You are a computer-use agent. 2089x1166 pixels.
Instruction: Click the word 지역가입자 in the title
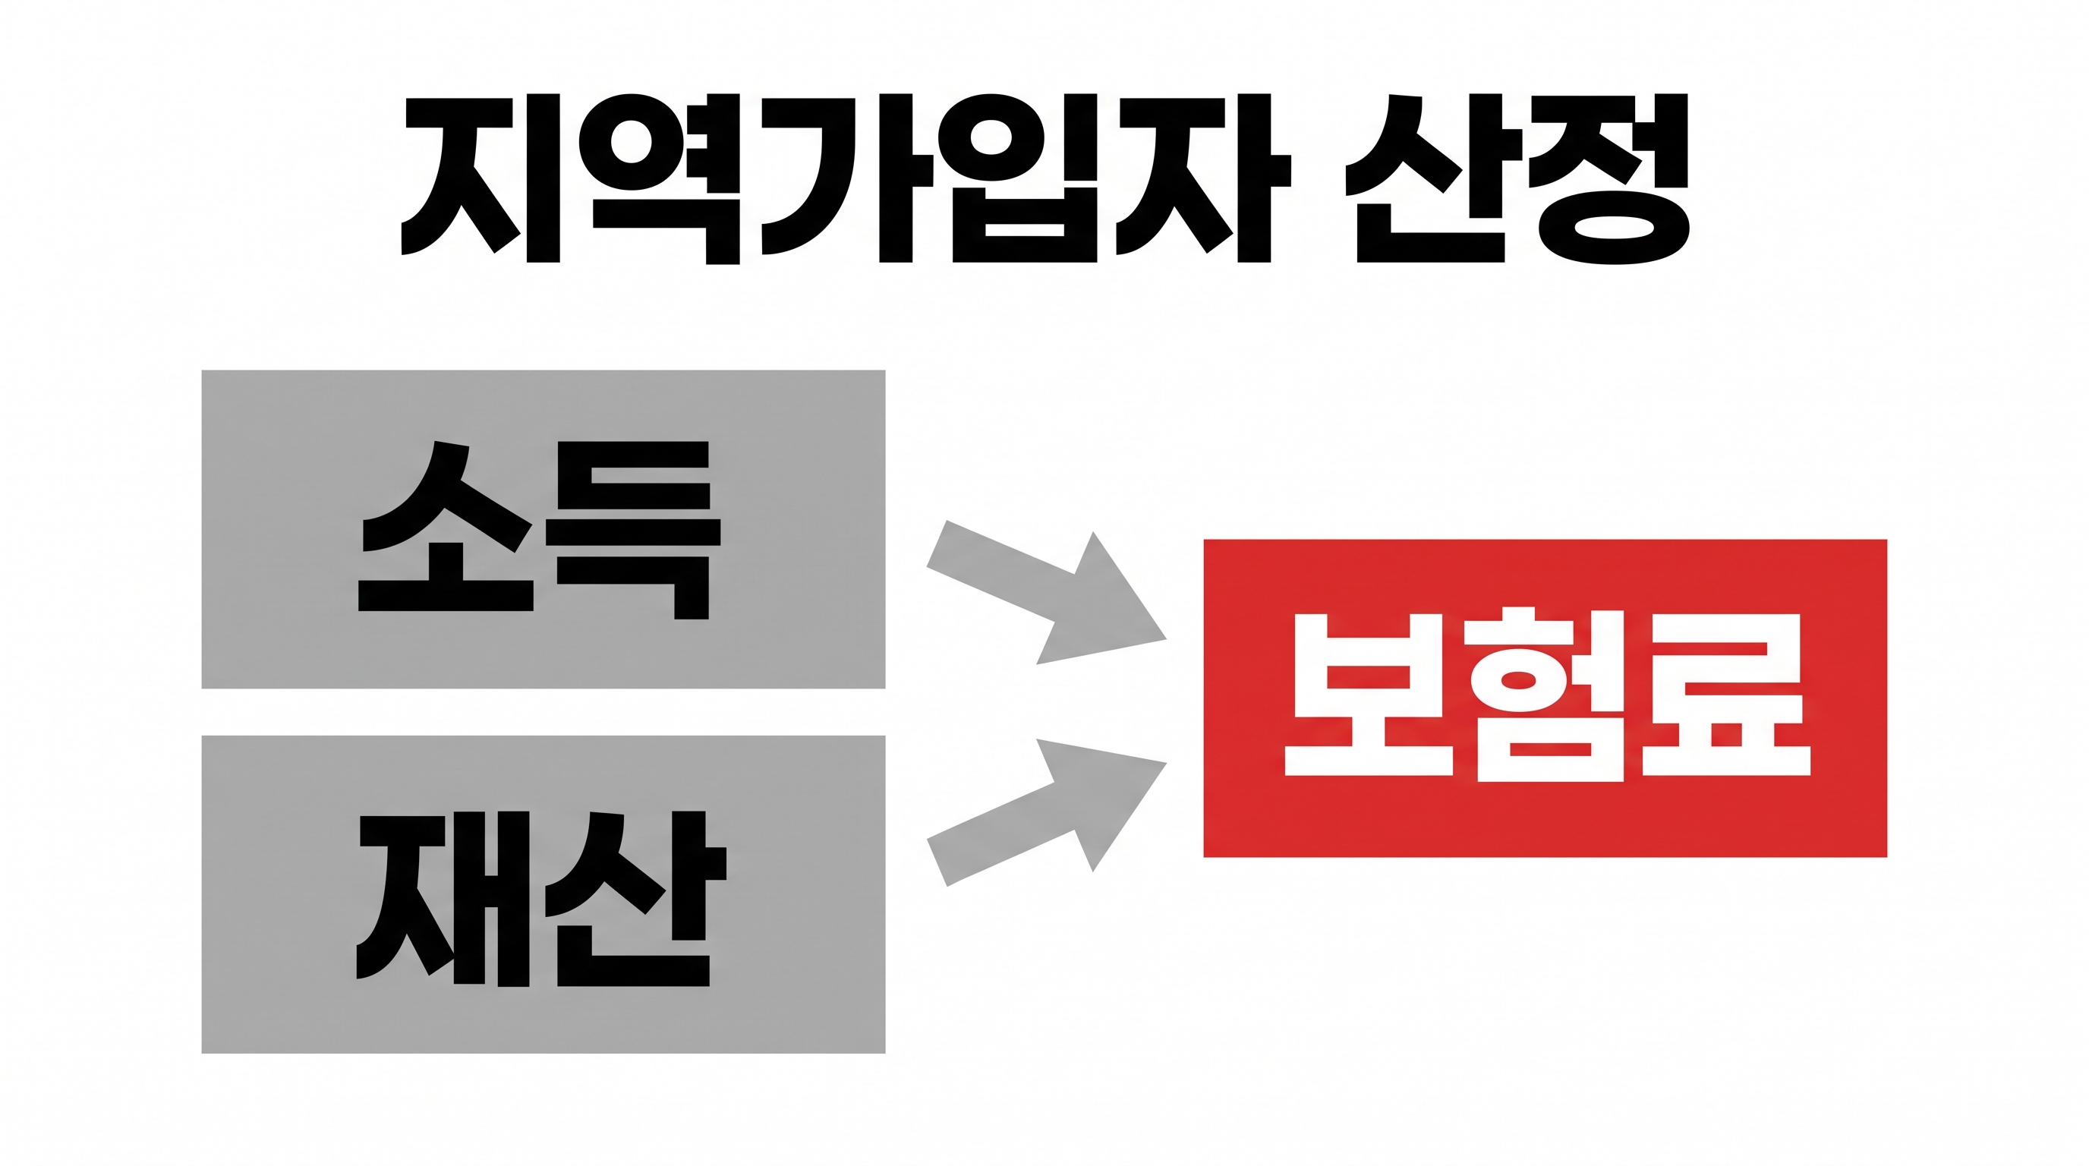coord(846,178)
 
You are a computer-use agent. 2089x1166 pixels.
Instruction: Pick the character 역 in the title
coord(660,178)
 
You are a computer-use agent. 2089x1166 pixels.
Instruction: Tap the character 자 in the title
coord(1203,178)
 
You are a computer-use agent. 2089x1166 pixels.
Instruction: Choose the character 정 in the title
coord(1610,178)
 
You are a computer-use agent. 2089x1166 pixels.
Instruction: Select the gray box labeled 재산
coord(544,894)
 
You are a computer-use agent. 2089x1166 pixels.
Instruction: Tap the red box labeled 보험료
coord(1545,698)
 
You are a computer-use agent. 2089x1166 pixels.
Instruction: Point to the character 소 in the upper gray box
coord(446,525)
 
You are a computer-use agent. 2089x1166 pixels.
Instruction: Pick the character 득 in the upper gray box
coord(633,530)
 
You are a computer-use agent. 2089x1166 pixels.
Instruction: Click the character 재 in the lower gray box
coord(443,899)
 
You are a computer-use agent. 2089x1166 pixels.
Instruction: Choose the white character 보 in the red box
coord(1369,694)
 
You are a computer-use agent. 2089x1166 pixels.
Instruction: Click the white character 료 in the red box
coord(1726,694)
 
